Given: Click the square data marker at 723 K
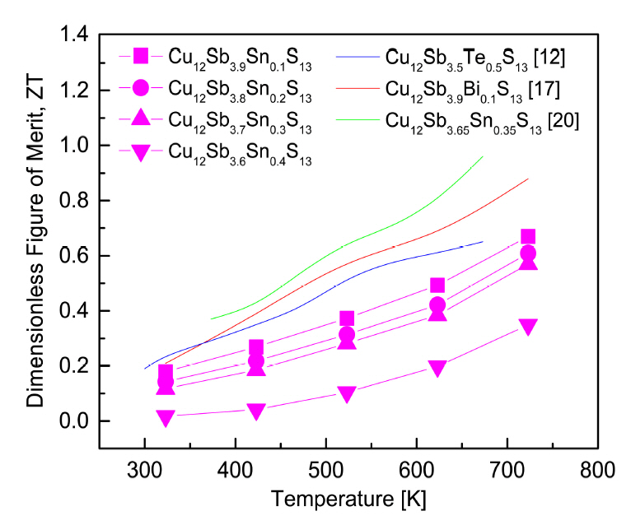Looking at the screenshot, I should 528,237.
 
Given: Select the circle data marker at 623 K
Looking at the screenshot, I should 437,305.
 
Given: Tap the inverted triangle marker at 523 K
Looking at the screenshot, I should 347,394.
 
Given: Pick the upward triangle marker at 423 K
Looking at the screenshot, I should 256,368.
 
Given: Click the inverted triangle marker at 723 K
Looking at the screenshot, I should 528,327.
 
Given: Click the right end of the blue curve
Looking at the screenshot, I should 483,241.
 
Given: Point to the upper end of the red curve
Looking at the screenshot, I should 528,179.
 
